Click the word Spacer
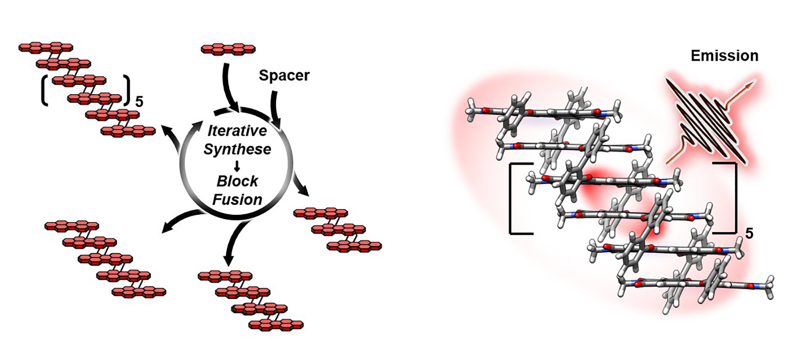tap(284, 76)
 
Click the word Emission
tap(724, 56)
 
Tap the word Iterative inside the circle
tap(237, 131)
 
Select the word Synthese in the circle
tap(237, 149)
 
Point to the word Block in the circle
tap(237, 181)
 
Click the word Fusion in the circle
tap(237, 199)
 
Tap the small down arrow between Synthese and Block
tap(237, 166)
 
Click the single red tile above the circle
tap(228, 49)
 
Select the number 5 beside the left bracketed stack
tap(139, 102)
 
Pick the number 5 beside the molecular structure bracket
tap(749, 234)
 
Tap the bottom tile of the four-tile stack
tap(276, 325)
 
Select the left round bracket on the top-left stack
tap(44, 90)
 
